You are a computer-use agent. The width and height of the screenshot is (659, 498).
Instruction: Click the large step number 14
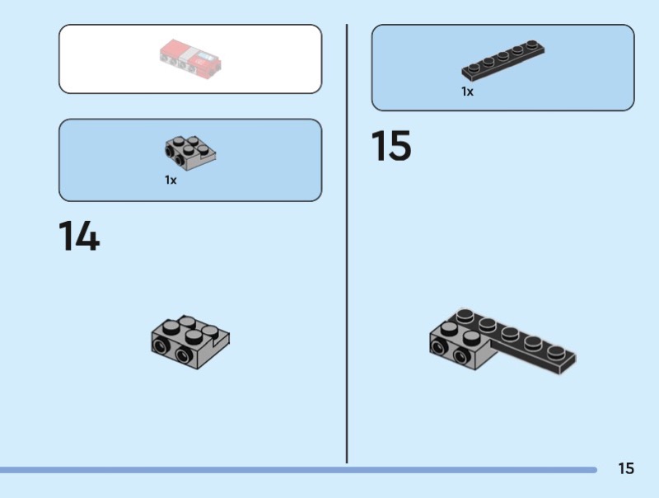point(79,236)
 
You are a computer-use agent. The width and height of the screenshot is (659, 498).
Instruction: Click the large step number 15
point(391,146)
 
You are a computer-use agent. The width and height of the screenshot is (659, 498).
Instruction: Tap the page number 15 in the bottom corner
point(626,468)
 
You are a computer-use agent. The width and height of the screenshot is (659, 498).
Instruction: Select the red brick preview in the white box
point(190,59)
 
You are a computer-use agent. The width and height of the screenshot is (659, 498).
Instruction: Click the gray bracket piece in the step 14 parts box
point(190,153)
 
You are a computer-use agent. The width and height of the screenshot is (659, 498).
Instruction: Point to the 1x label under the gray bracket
point(171,180)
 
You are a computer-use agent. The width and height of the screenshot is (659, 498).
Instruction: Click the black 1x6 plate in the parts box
point(503,60)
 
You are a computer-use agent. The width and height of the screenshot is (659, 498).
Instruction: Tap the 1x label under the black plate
point(467,92)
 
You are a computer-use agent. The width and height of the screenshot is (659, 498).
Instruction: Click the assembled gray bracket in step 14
point(190,342)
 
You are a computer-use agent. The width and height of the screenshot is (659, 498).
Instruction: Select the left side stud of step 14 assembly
point(160,346)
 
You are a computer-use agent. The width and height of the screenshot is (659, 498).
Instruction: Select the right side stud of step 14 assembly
point(184,355)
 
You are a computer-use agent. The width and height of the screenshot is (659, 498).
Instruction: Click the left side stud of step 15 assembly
point(438,346)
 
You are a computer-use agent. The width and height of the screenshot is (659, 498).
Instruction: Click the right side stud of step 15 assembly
point(461,356)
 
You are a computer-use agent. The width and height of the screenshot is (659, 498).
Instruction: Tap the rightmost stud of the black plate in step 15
point(556,350)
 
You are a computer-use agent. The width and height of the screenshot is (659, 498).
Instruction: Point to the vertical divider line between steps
point(347,243)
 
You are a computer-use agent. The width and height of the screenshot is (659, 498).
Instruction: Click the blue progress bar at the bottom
point(298,470)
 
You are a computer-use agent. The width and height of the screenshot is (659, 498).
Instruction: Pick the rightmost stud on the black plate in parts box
point(532,44)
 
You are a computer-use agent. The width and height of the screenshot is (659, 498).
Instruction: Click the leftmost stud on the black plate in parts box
point(474,68)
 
